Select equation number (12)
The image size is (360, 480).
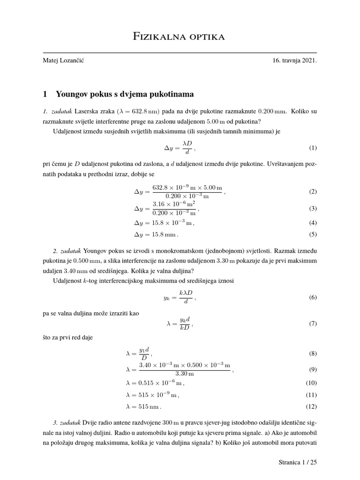[311, 406]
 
